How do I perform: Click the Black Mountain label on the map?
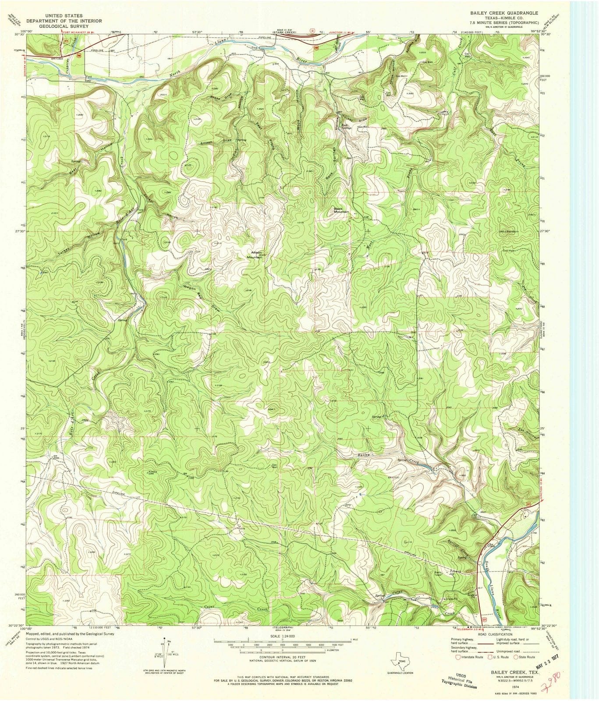[x=342, y=210]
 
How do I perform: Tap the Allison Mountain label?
[x=256, y=255]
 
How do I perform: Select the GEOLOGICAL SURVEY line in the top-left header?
[x=64, y=26]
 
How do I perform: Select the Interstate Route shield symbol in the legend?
[x=458, y=657]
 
